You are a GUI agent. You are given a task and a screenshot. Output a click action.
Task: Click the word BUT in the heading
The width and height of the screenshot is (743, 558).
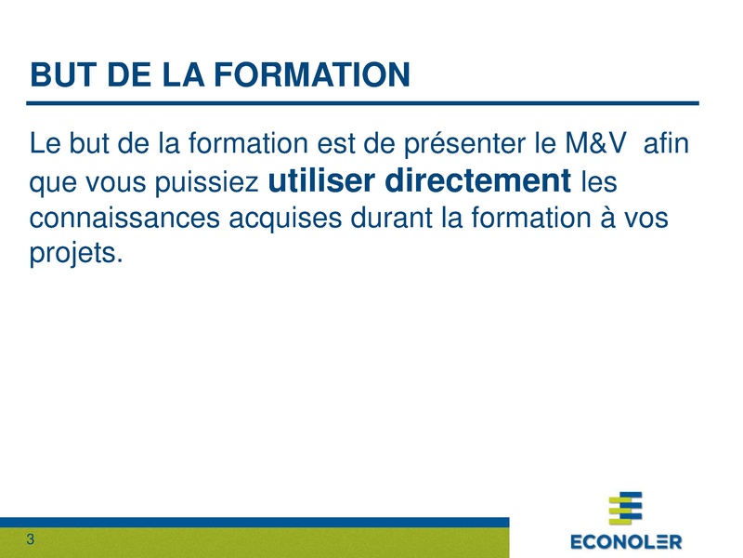point(60,74)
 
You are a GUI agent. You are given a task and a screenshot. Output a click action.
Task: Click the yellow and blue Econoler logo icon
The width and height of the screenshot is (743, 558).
point(625,508)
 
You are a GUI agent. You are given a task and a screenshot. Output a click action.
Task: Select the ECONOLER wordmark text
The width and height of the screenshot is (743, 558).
point(625,541)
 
